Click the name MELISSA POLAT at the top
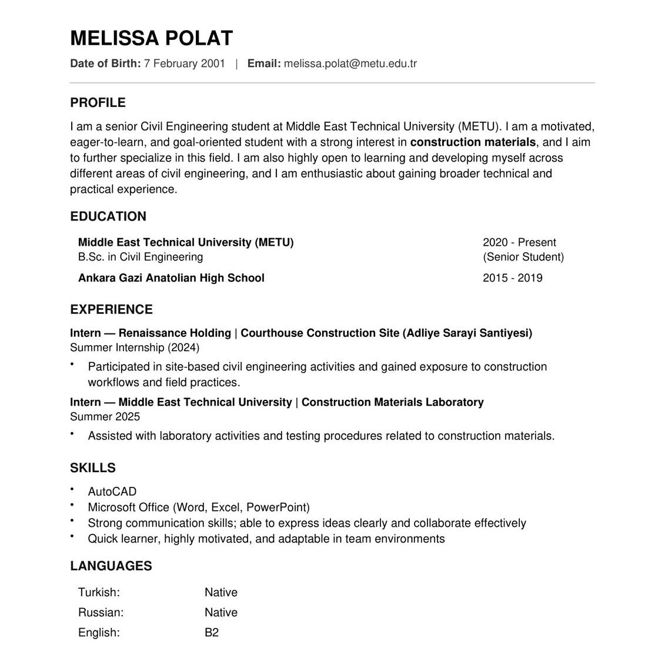151,38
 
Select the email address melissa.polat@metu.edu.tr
350,64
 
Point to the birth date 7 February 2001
184,64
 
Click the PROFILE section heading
98,103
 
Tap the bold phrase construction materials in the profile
473,142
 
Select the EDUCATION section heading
108,216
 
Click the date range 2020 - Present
519,242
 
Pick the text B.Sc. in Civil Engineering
141,257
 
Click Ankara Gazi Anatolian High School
171,278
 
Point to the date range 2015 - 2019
512,278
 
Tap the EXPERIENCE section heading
111,310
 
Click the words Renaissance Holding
175,333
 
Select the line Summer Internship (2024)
135,347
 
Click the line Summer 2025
105,417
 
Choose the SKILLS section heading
93,468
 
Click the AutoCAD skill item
112,492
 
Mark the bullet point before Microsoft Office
72,505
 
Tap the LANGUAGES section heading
111,566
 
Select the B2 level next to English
212,633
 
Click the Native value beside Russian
221,613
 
